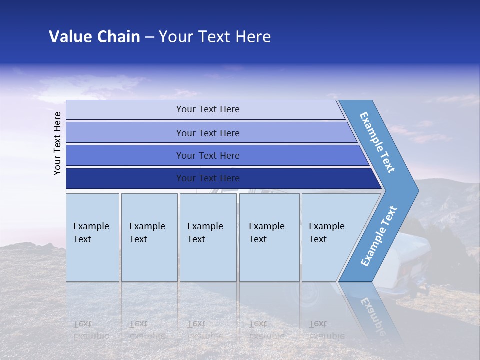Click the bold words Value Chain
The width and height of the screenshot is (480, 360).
94,37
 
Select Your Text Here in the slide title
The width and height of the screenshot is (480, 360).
215,37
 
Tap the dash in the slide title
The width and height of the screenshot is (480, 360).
149,37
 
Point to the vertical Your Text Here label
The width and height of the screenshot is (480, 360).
57,143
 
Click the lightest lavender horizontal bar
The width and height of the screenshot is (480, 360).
205,109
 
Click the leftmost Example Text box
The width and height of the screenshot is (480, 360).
92,237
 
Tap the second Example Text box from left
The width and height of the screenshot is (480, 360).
149,237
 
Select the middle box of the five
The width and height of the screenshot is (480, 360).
208,237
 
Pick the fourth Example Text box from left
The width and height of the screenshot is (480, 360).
269,237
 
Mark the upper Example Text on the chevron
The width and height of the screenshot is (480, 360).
378,142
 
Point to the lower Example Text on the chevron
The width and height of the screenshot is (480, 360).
379,236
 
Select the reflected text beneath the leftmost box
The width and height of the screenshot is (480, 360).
91,330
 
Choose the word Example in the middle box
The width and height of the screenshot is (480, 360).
205,226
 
